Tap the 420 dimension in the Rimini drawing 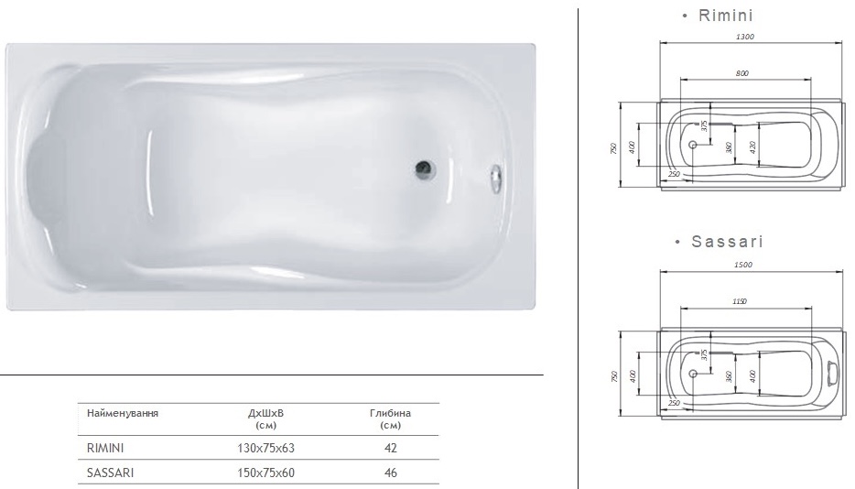pyautogui.click(x=752, y=146)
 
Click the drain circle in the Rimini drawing pyautogui.click(x=693, y=145)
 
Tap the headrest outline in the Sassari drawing pyautogui.click(x=832, y=373)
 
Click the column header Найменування pyautogui.click(x=123, y=414)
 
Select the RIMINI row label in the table pyautogui.click(x=105, y=449)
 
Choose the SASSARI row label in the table pyautogui.click(x=108, y=473)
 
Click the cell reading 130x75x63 pyautogui.click(x=265, y=449)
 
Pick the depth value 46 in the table pyautogui.click(x=391, y=473)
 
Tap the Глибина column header pyautogui.click(x=391, y=414)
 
